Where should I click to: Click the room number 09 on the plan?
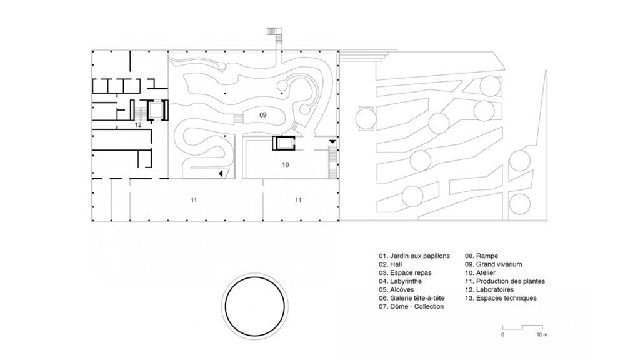tap(263, 115)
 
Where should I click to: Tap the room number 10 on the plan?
tap(285, 164)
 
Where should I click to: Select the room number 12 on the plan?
tap(138, 124)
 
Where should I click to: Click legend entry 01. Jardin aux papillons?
tap(414, 256)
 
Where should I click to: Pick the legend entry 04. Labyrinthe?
tap(400, 281)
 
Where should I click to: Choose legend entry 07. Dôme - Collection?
tap(411, 306)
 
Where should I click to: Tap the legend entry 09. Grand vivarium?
tap(493, 264)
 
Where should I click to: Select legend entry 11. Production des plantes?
tap(504, 281)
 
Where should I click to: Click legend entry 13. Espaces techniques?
tap(501, 298)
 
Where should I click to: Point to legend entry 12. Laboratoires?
tap(489, 290)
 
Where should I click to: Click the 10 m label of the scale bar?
tap(542, 335)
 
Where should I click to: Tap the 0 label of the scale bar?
tap(502, 335)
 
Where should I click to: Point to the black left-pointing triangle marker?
tap(221, 174)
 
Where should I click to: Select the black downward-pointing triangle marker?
tap(332, 142)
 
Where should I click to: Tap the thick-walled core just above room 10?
tap(284, 143)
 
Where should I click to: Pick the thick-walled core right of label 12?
tap(157, 109)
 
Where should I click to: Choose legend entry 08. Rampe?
tap(481, 256)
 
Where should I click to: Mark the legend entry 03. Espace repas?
tap(405, 272)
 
